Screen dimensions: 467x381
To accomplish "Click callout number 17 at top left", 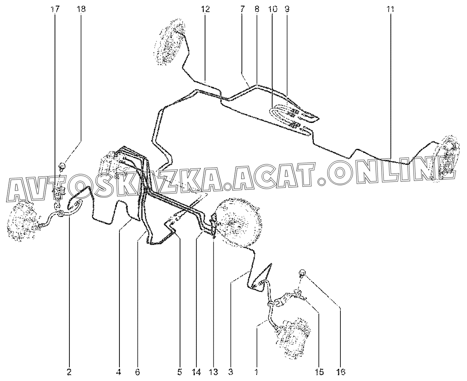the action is tap(55, 9).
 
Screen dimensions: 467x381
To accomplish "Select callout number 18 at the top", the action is tap(81, 9).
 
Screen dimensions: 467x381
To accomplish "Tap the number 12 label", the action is tap(205, 9).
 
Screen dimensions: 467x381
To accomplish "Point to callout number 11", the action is tap(390, 9).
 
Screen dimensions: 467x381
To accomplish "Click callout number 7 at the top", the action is tap(242, 9).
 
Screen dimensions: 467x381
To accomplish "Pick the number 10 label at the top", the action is tap(273, 9).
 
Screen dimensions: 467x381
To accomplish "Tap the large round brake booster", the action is tap(239, 223).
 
